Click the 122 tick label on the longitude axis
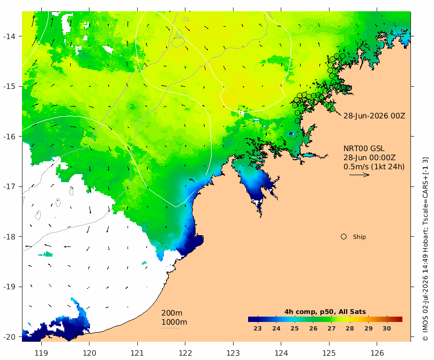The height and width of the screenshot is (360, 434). (185, 353)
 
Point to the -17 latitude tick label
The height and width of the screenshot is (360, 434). (9, 186)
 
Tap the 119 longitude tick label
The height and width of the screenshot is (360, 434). (41, 353)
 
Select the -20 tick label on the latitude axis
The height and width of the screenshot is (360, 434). (9, 337)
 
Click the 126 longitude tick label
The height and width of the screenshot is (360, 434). (377, 353)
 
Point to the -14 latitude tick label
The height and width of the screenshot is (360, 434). (9, 36)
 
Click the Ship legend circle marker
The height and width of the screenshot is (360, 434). (343, 237)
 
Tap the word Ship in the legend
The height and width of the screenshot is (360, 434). (360, 237)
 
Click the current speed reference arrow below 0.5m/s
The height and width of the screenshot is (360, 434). (360, 175)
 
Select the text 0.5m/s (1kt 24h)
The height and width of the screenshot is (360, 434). (374, 167)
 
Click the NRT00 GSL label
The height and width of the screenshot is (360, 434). (364, 148)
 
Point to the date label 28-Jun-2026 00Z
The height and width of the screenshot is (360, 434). (374, 116)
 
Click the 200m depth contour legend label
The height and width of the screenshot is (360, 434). (171, 313)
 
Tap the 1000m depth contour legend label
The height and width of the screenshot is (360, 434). (174, 322)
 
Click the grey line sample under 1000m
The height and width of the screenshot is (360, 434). (170, 328)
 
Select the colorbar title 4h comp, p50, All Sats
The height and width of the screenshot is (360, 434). (325, 312)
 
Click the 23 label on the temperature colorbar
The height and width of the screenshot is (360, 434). (258, 328)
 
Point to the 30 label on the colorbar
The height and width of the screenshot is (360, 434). (387, 328)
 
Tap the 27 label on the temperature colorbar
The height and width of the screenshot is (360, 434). (331, 328)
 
